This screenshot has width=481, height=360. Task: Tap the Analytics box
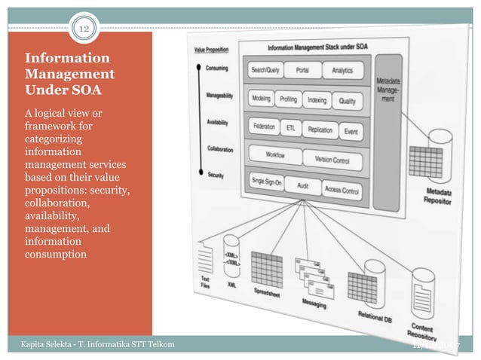coord(342,72)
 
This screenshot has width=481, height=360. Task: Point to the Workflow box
coord(274,155)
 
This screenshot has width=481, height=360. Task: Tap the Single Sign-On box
coord(268,182)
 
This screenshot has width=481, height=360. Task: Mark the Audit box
coord(303,185)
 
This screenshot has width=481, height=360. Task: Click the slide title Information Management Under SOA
coord(70,74)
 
